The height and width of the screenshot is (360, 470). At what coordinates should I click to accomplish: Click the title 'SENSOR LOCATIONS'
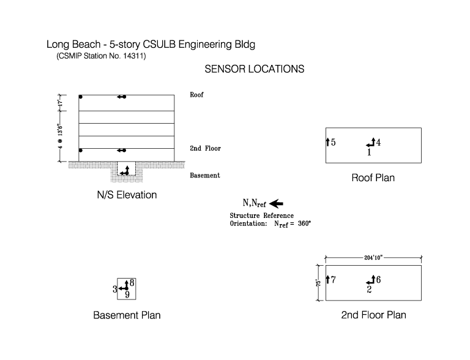[254, 69]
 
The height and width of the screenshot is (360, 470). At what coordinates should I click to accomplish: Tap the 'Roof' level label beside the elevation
[196, 95]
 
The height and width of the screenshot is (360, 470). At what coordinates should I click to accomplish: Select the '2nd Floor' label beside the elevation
[206, 148]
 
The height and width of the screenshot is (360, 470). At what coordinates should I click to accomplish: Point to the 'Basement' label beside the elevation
[205, 175]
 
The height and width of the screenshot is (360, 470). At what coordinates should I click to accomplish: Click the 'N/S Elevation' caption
[127, 195]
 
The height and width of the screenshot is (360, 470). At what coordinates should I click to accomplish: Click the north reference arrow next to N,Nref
[276, 204]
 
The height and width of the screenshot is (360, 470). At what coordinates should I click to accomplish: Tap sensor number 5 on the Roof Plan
[334, 142]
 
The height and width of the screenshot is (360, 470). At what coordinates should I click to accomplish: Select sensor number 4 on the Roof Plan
[378, 142]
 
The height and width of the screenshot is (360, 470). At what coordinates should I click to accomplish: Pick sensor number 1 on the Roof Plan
[369, 152]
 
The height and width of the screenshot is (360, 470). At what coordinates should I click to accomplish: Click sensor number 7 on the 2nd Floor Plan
[334, 280]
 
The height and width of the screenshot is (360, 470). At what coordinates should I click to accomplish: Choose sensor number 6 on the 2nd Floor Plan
[378, 280]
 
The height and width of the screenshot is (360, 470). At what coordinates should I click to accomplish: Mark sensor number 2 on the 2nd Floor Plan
[369, 289]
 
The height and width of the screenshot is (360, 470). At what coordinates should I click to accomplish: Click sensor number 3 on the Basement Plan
[115, 289]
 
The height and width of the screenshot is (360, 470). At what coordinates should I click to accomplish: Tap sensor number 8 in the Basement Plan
[132, 283]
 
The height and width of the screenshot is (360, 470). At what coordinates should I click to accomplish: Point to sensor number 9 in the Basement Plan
[127, 294]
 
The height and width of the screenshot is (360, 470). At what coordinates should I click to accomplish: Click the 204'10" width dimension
[373, 257]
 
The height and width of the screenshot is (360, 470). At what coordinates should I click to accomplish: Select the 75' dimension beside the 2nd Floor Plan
[318, 283]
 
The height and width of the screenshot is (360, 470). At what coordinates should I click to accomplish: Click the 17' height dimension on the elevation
[60, 103]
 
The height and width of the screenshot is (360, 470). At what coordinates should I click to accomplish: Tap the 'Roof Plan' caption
[373, 178]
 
